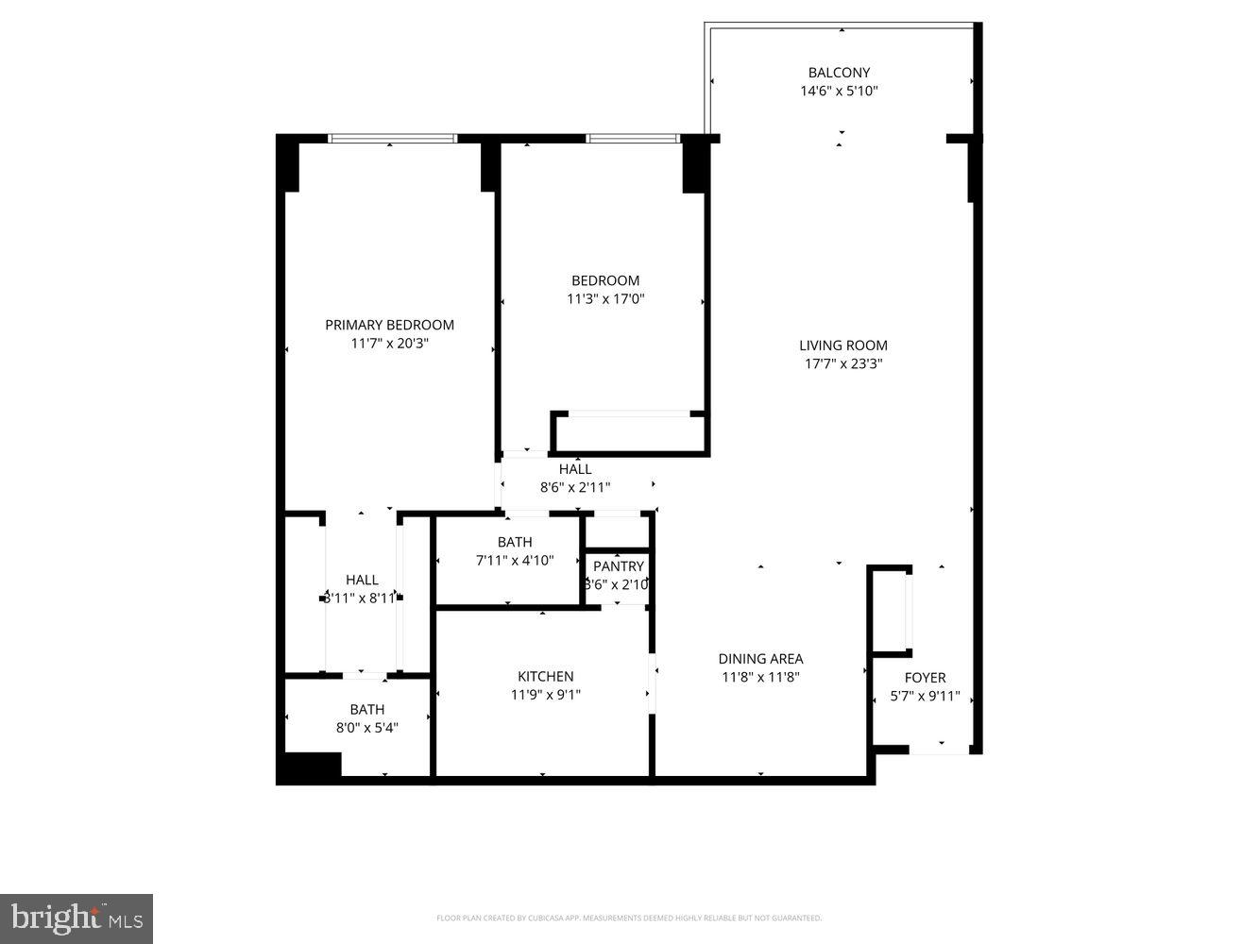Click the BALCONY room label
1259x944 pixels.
839,73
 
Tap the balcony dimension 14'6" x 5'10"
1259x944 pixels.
839,92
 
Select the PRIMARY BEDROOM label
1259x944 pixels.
389,325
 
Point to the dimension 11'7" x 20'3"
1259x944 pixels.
389,344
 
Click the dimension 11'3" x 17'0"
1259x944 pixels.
604,299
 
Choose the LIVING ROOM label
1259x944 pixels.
842,346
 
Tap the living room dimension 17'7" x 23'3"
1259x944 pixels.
842,363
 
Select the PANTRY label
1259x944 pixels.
618,566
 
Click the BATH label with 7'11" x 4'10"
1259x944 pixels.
514,542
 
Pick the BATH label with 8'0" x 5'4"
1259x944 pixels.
366,710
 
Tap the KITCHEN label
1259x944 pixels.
545,677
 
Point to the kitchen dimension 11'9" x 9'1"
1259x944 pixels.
545,695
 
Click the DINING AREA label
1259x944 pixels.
760,659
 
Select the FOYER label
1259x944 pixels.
925,678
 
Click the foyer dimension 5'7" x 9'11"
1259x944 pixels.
925,697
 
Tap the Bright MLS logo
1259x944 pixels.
77,919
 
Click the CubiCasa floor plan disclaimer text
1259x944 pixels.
628,918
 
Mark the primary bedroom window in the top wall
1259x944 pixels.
392,139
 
